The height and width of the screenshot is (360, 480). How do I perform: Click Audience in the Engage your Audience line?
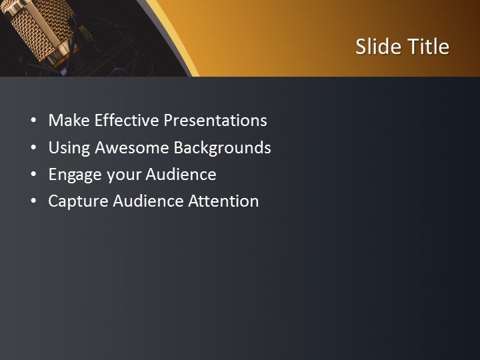[x=181, y=175]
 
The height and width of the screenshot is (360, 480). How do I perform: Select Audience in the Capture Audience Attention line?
[x=145, y=201]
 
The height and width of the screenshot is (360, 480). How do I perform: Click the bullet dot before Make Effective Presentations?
[x=33, y=121]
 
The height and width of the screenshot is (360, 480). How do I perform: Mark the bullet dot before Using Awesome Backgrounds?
[x=33, y=148]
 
